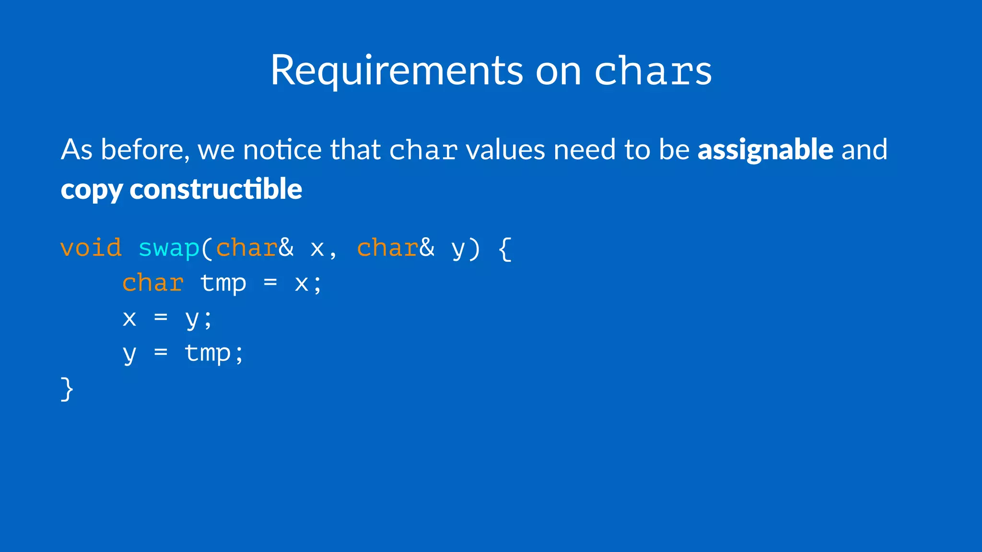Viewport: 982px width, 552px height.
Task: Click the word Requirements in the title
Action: pos(397,70)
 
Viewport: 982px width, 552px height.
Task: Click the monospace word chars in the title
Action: pos(653,71)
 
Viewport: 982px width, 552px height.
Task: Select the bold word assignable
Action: pos(765,149)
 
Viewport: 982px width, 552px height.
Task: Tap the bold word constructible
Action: pos(216,188)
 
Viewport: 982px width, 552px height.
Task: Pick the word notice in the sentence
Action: pos(282,149)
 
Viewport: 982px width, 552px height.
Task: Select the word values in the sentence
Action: pos(505,149)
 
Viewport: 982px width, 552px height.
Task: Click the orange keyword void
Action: pos(91,248)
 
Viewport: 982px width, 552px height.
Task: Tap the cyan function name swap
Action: pos(169,248)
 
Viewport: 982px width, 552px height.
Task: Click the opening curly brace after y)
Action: pos(505,249)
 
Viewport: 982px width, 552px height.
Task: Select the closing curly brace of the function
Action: pos(67,389)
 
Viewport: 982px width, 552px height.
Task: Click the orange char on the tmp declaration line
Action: pos(153,283)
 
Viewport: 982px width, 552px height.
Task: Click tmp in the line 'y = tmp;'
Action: pos(208,354)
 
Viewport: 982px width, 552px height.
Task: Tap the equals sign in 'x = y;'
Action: pos(161,317)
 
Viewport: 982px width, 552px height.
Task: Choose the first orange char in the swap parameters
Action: pos(246,248)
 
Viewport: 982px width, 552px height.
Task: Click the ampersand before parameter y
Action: pos(427,248)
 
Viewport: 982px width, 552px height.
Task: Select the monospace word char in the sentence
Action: pos(423,150)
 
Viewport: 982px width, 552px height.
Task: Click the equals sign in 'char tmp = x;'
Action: pos(270,283)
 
